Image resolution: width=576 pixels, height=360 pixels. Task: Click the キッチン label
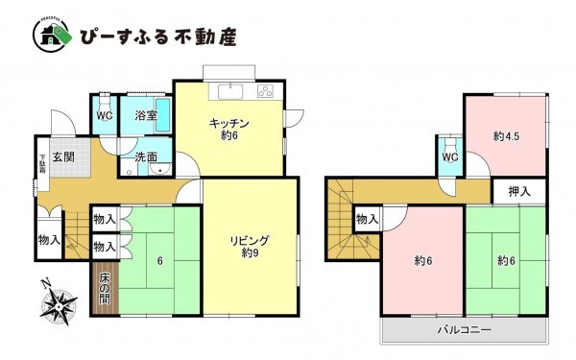point(229,123)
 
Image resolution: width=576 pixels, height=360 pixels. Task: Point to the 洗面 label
point(146,156)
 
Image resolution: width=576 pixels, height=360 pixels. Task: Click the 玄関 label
point(64,156)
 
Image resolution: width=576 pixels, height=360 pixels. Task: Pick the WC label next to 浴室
point(105,113)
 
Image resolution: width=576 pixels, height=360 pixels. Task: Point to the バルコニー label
point(467,329)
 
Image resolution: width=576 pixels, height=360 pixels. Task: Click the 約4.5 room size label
point(507,136)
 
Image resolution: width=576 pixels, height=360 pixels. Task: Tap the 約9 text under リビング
point(250,253)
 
